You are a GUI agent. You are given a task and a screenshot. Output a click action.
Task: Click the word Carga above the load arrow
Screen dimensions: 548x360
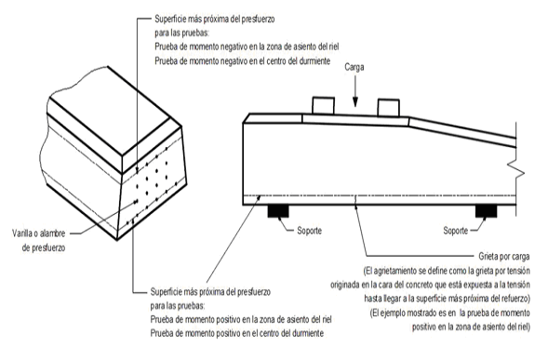[x=354, y=67]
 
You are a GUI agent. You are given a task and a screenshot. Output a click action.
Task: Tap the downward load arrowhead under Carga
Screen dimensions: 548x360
[x=355, y=101]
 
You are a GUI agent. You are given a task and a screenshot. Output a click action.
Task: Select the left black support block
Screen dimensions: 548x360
[x=278, y=211]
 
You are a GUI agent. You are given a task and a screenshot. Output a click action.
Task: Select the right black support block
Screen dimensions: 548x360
[x=487, y=211]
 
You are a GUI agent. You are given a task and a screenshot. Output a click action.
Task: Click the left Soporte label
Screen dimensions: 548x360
[x=309, y=231]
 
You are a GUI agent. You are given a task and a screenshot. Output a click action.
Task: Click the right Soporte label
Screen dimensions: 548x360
[x=455, y=231]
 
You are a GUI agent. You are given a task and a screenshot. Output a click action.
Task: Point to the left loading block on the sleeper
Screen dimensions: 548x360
[x=323, y=105]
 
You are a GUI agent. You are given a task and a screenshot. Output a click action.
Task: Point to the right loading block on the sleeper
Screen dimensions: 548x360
[x=388, y=107]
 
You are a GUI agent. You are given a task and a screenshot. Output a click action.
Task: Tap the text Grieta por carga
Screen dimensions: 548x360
[x=504, y=257]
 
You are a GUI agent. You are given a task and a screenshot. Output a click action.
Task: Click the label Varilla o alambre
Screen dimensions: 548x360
[x=39, y=233]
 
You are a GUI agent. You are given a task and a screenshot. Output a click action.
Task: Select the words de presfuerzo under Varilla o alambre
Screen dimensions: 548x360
[x=44, y=247]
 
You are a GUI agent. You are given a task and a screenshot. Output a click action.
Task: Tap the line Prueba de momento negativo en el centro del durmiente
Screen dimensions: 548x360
[x=242, y=61]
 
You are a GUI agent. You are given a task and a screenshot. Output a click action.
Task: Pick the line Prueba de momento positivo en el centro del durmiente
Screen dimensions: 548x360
[x=237, y=333]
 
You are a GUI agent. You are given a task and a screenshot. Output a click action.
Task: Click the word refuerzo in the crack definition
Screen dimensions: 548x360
[x=515, y=299]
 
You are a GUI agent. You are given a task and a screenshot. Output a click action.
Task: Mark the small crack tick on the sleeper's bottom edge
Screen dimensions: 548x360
[x=355, y=201]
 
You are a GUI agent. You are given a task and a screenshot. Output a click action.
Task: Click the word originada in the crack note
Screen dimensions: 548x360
[x=344, y=285]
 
